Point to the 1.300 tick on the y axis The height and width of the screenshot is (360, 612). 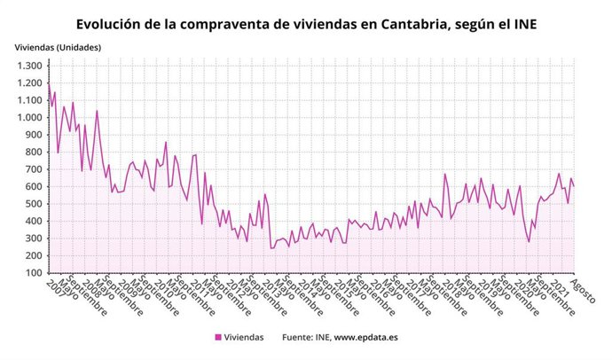(x=29, y=66)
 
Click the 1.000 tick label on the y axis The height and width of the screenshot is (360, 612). (x=29, y=117)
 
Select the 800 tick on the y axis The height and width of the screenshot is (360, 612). (x=35, y=152)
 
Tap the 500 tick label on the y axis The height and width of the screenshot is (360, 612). (x=35, y=204)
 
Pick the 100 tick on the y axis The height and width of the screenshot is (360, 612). (x=35, y=273)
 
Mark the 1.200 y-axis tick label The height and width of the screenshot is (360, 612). (x=29, y=83)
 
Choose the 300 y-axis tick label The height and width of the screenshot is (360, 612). (x=35, y=239)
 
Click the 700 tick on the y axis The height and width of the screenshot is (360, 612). (x=35, y=169)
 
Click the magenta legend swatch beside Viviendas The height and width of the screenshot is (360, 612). (x=218, y=338)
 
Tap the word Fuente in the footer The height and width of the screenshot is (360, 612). (x=298, y=338)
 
